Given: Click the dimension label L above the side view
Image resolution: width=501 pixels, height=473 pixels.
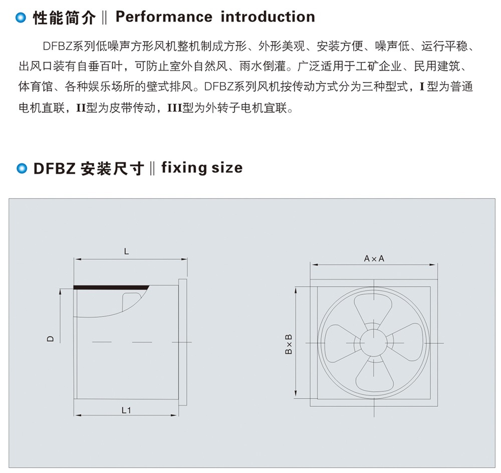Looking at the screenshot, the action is (x=127, y=251).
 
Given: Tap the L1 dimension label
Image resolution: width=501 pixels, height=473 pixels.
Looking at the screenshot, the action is (x=126, y=410).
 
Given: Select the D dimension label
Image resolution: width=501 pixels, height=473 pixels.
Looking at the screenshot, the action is (x=51, y=339).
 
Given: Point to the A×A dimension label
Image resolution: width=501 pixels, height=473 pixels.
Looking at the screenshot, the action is (x=374, y=258).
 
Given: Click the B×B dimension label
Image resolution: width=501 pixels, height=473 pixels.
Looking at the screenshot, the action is (x=288, y=344).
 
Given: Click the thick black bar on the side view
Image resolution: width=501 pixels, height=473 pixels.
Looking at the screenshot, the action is (x=111, y=288).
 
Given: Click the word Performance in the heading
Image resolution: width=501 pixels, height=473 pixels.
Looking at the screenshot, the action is (x=164, y=17).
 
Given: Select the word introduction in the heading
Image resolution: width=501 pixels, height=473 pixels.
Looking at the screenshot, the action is (x=268, y=17).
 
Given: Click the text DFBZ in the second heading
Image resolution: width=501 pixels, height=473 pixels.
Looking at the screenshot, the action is (x=54, y=168).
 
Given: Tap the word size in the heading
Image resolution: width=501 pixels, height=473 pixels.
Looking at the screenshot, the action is (x=227, y=168).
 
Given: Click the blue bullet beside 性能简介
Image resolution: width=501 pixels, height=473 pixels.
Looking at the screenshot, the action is (x=21, y=18).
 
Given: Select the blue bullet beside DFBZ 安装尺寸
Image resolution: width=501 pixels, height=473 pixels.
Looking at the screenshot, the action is (x=22, y=168).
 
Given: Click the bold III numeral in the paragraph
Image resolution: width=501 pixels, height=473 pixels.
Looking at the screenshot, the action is (x=175, y=108).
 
